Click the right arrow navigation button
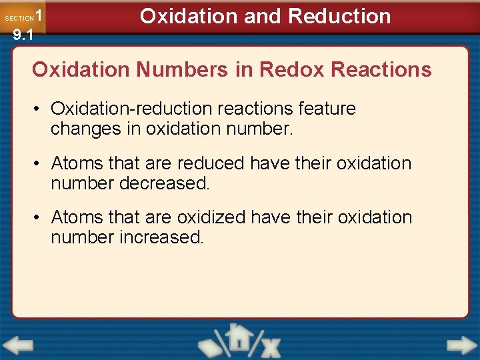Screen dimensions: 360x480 (461, 345)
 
